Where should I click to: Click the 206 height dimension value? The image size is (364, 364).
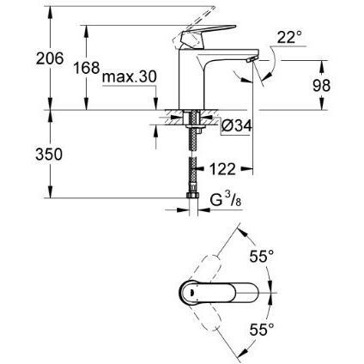pos(50,58)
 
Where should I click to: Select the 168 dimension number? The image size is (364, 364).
pos(87,68)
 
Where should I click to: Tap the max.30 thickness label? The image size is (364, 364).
pos(130,76)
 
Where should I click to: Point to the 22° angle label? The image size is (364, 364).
pos(289,37)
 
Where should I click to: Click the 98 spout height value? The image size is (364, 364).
pos(321,85)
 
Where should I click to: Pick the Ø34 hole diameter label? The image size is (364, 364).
pos(237,125)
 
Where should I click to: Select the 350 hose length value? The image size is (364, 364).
pos(49,155)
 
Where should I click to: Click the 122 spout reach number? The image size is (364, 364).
pos(222,169)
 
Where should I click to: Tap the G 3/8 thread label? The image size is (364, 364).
pos(226,199)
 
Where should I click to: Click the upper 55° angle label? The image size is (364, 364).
pos(262,256)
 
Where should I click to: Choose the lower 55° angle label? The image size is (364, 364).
pos(262,329)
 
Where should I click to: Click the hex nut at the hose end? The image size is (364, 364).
pos(192,195)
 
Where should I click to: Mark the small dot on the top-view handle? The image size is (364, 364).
pos(191,293)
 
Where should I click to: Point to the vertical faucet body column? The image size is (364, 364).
pos(191,79)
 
